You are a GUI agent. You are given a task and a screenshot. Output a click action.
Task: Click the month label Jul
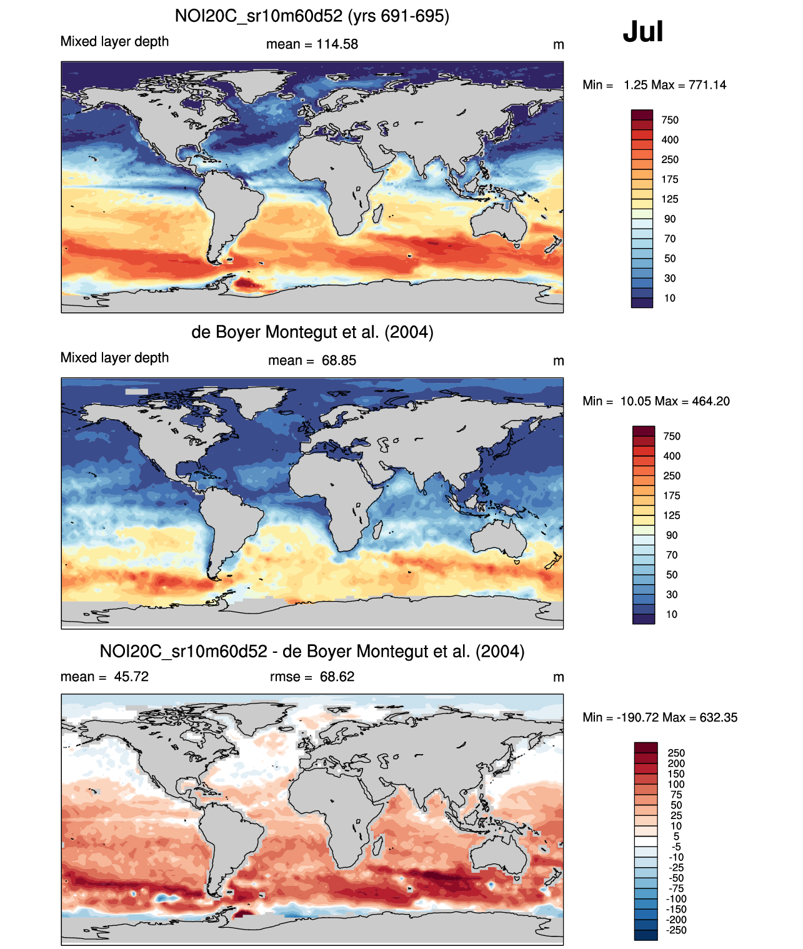point(642,32)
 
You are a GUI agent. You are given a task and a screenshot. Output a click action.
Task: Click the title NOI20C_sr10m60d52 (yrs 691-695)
point(312,16)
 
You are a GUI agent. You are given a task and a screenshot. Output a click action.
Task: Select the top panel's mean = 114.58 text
point(312,44)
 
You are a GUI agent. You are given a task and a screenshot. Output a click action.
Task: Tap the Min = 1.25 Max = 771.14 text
point(654,85)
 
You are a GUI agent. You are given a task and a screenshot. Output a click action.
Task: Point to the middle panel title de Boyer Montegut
point(312,332)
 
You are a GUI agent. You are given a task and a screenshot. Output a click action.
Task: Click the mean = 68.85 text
point(312,360)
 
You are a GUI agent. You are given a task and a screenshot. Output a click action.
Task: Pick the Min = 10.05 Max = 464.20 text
point(656,401)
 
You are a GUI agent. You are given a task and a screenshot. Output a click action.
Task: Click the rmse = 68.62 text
point(312,677)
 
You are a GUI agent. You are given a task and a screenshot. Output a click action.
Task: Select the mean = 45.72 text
point(104,677)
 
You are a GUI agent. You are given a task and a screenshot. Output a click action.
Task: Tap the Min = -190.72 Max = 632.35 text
point(660,717)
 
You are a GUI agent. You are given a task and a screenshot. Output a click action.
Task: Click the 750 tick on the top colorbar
point(669,120)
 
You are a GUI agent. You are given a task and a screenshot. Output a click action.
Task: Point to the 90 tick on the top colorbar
point(669,219)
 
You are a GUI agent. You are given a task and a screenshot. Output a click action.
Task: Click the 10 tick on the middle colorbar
point(671,614)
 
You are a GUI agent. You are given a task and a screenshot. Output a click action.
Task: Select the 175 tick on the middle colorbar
point(672,495)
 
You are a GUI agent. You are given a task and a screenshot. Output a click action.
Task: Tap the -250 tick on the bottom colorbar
point(676,930)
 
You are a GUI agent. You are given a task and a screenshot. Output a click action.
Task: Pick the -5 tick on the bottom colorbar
point(676,847)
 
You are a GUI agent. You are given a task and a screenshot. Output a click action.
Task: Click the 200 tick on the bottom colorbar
point(676,763)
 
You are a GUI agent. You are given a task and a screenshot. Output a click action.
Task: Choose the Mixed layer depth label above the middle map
point(114,357)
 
